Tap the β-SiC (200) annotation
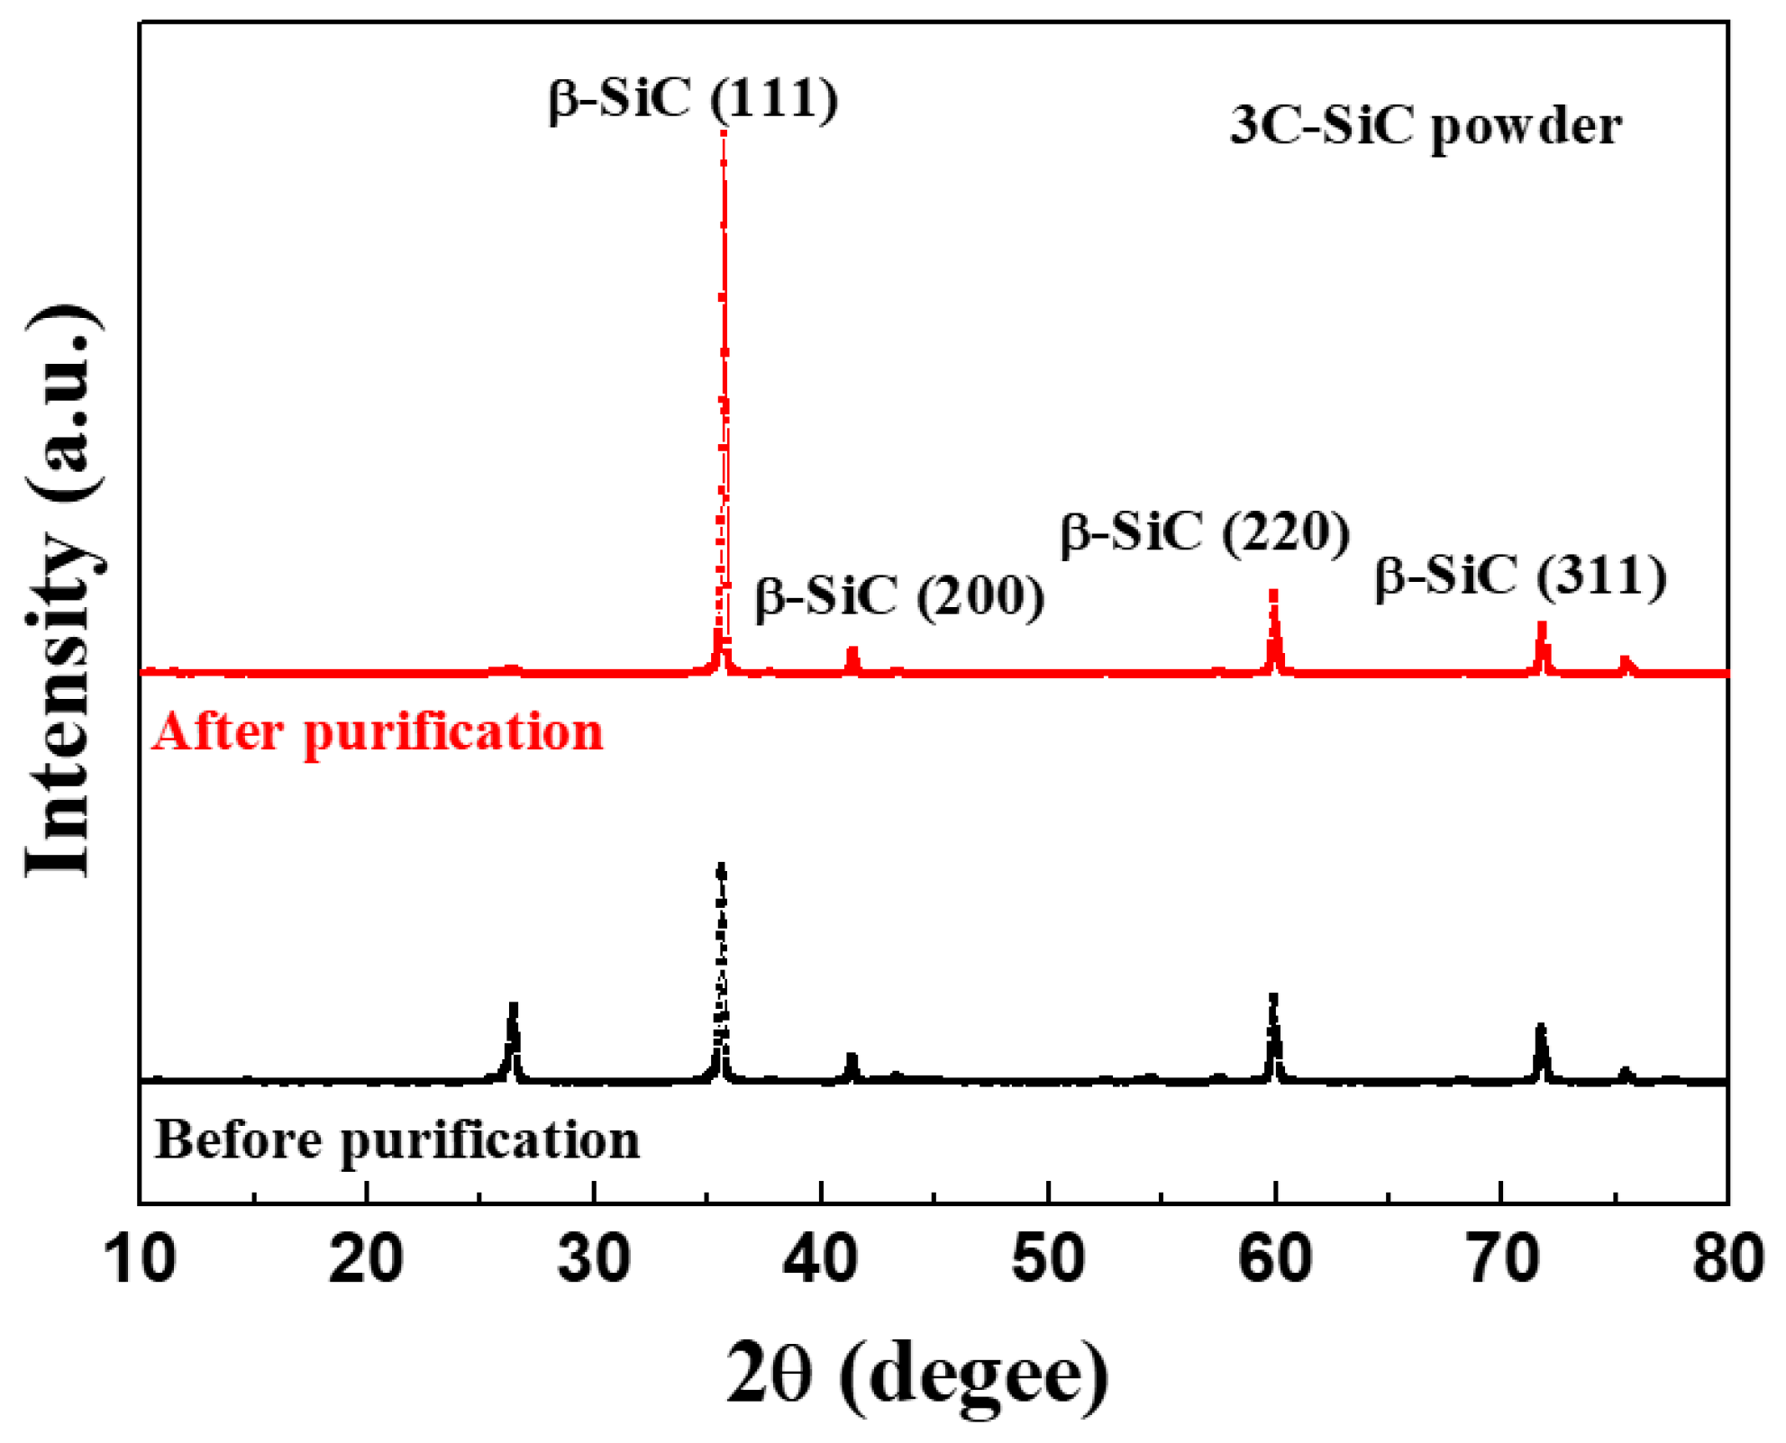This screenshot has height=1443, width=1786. coord(899,595)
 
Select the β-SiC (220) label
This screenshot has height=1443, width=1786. coord(1205,531)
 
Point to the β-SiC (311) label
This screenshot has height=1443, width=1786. coord(1520,576)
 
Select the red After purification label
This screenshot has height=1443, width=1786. coord(377,731)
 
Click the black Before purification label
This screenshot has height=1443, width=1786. coord(396,1139)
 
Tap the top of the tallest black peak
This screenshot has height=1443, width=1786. coord(721,867)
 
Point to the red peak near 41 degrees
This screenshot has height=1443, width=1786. coord(852,651)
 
